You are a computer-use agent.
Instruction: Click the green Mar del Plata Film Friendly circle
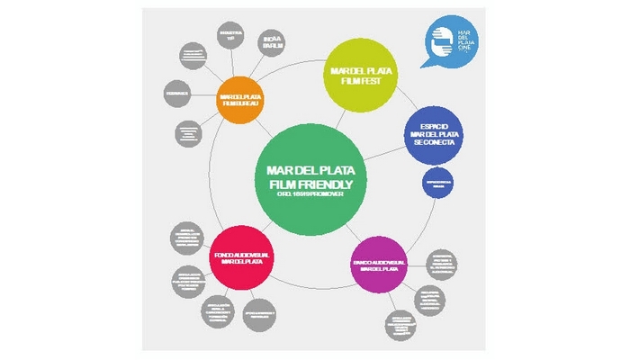310,178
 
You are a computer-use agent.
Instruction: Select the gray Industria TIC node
229,37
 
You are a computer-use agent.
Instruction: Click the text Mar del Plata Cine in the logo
464,41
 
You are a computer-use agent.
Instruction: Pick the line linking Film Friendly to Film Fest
339,118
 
